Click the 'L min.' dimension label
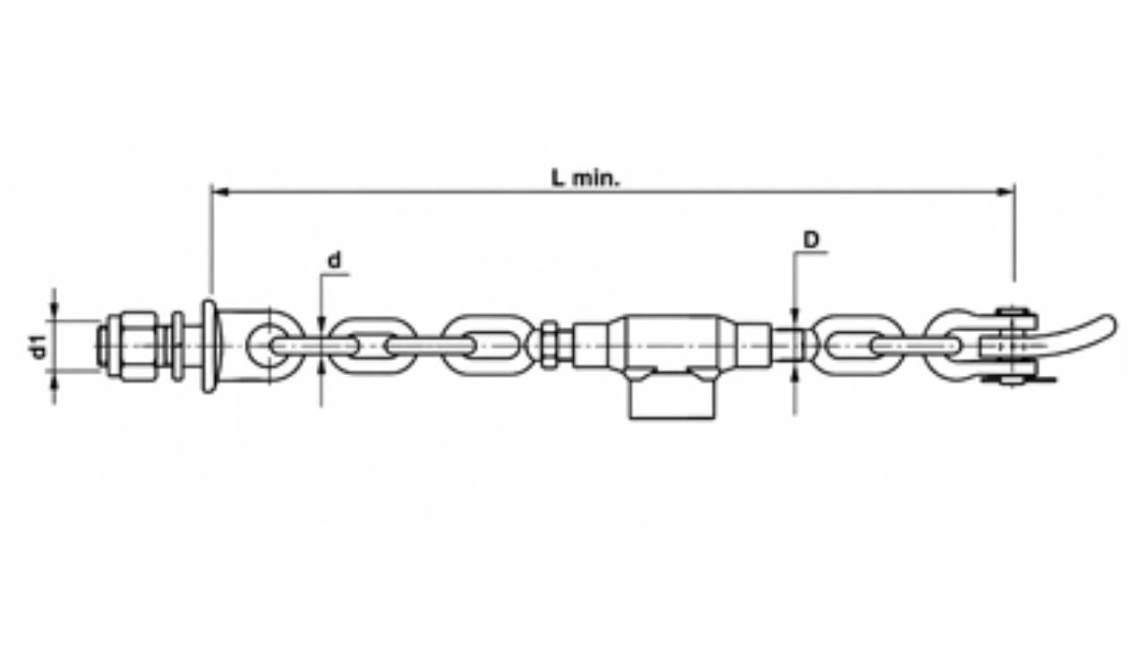(586, 179)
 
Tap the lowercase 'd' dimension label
(334, 260)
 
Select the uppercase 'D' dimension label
(811, 240)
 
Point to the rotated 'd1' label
(38, 345)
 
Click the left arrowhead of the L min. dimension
(220, 192)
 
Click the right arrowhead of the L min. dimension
(1005, 192)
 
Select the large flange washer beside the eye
(210, 346)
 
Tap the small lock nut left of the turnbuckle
(550, 344)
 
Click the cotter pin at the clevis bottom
(1018, 380)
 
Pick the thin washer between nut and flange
(177, 346)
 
